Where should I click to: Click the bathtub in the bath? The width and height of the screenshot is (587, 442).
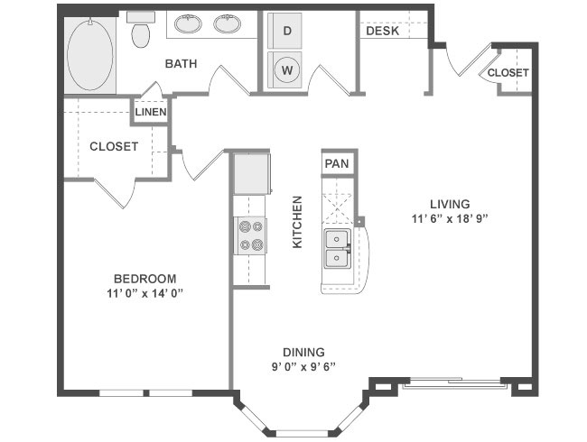coord(89,55)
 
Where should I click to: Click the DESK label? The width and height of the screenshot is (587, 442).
coord(383,31)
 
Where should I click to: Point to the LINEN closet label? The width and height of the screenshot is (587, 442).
coord(151,112)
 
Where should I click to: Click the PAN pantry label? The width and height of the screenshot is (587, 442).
coord(337,163)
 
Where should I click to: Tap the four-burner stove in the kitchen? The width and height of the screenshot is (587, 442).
coord(250,236)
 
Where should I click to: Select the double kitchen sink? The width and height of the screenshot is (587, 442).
coord(337,249)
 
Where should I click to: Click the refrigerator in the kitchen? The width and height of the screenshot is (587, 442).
coord(252,173)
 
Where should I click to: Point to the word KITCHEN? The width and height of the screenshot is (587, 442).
coord(297,222)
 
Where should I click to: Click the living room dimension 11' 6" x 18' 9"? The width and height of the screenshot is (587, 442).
coord(450,219)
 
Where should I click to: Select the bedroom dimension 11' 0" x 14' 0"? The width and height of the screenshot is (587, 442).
coord(144,293)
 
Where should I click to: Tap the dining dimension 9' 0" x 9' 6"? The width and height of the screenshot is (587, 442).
coord(303,366)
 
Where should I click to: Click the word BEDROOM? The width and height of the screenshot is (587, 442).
coord(144,279)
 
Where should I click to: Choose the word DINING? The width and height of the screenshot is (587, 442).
coord(303,353)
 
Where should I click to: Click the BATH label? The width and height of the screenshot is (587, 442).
coord(181,63)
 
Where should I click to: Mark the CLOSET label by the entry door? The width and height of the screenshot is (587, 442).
coord(508,72)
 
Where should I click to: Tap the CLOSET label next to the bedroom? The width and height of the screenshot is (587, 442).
coord(114,146)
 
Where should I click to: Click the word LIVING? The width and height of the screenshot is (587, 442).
coord(450,204)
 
